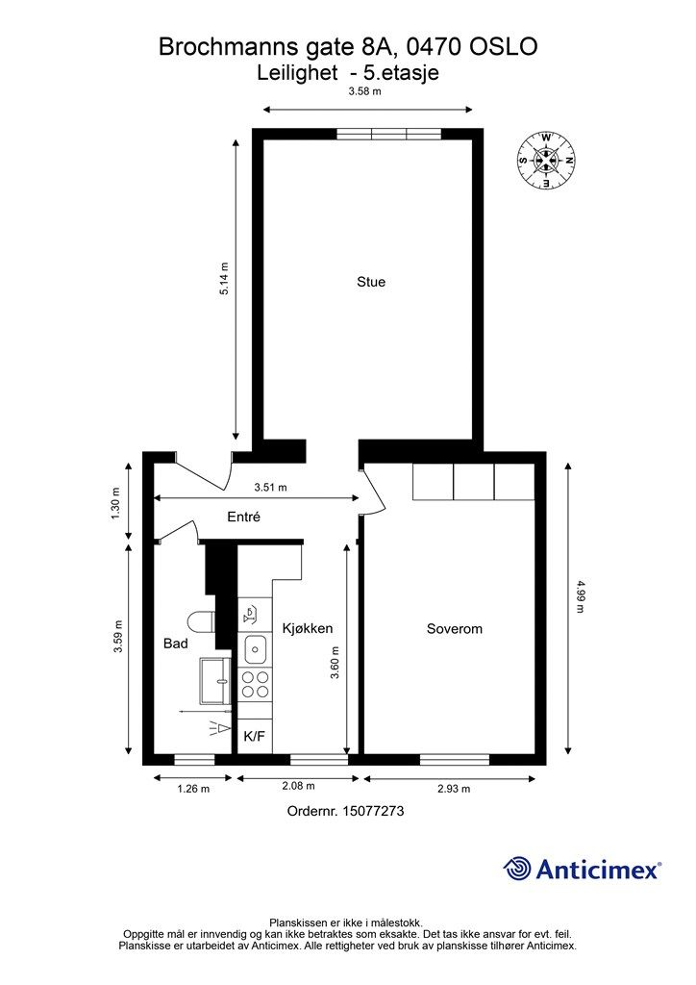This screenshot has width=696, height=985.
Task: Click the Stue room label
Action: (371, 282)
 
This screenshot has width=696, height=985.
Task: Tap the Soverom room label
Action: (455, 629)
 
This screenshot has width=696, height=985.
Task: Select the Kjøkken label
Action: (308, 629)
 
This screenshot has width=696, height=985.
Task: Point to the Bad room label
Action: (176, 644)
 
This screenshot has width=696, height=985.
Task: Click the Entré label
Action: (243, 517)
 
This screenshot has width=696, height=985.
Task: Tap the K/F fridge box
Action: (255, 736)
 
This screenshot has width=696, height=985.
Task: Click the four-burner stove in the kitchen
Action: (256, 684)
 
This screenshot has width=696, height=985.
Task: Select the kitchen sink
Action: (256, 649)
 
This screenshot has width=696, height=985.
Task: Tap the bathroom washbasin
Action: (215, 680)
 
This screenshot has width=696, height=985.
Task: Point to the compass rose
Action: (546, 161)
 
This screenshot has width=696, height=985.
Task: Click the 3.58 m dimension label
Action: (365, 91)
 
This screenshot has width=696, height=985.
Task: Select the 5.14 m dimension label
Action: (224, 279)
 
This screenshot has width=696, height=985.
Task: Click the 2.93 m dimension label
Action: (454, 789)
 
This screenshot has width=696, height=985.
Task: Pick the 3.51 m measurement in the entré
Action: (270, 487)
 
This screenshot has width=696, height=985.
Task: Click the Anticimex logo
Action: (583, 869)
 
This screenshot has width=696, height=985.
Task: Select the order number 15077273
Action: (373, 811)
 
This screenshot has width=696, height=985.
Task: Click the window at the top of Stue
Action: (389, 134)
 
